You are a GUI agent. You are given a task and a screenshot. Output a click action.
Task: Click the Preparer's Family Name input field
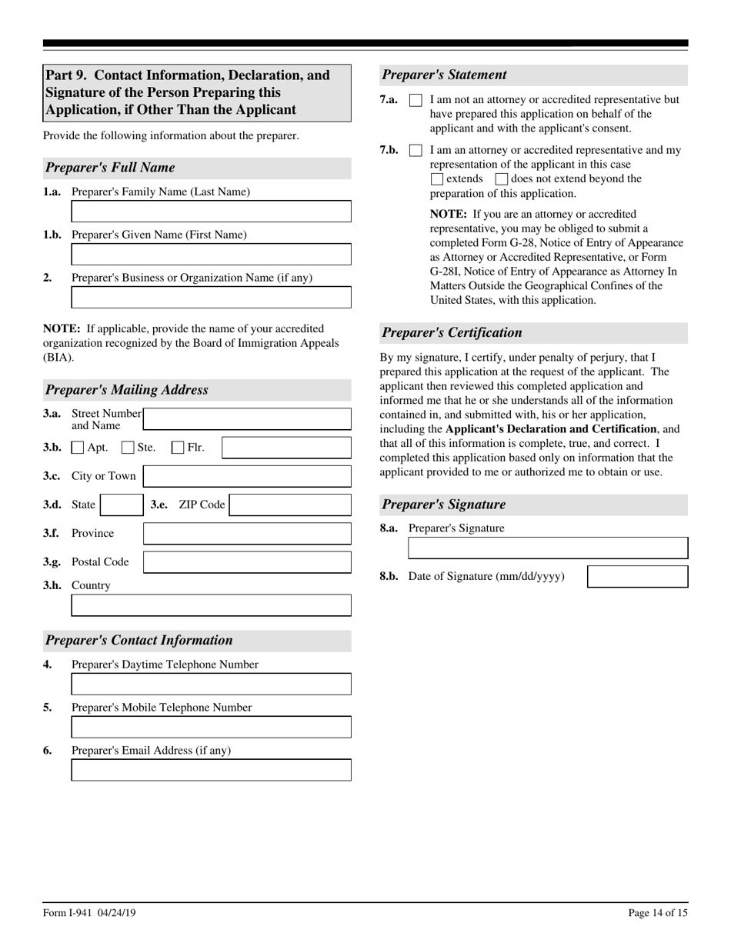pos(211,212)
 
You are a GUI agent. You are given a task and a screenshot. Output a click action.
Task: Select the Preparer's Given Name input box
pos(211,255)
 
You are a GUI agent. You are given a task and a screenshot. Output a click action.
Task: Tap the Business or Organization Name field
pos(211,298)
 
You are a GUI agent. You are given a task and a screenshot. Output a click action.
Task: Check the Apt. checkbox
pos(78,448)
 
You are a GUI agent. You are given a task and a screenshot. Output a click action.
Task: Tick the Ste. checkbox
pos(129,448)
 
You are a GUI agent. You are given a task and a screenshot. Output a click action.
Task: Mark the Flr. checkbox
pos(178,448)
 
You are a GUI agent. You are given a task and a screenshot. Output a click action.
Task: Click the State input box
pos(121,505)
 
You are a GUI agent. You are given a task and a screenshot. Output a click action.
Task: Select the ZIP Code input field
pos(290,505)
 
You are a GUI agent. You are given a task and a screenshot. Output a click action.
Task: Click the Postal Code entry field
pos(247,562)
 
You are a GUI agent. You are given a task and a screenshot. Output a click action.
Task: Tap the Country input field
pos(211,605)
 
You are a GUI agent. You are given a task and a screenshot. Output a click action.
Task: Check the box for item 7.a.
pos(416,100)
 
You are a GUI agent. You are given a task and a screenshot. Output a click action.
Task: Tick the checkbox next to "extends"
pos(437,179)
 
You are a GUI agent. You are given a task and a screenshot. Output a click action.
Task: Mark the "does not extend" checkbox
pos(502,179)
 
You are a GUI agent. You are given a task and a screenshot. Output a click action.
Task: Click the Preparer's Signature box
pos(547,548)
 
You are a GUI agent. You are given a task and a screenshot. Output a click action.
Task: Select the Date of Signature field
pos(637,577)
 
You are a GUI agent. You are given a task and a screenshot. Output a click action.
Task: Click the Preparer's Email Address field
pos(211,770)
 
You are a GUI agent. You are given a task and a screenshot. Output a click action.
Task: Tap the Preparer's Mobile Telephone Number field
pos(211,727)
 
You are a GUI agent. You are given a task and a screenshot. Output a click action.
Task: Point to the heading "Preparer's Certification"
pos(452,333)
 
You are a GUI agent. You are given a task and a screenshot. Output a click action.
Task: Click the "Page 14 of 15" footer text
pos(658,914)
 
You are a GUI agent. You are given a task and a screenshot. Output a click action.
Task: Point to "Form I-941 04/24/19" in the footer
pos(90,914)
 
